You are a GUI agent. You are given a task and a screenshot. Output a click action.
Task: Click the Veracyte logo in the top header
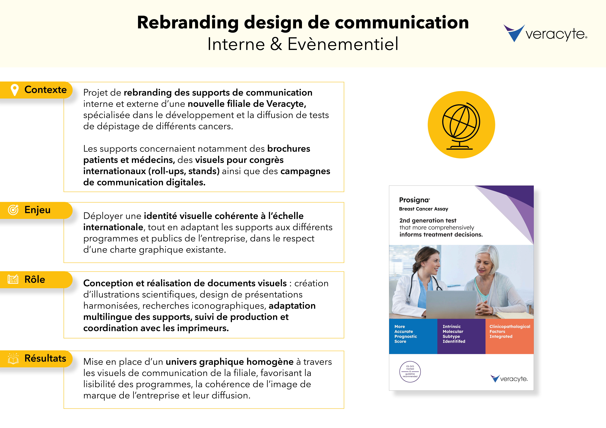coord(545,33)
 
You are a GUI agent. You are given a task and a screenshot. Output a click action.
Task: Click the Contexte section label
coord(45,90)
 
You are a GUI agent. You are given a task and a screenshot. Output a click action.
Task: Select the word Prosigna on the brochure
coord(414,200)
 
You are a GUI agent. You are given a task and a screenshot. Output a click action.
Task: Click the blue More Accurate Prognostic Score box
coord(413,336)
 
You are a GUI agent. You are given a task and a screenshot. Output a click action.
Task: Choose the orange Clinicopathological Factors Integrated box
coord(509,336)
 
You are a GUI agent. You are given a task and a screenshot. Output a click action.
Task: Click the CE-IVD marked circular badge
coord(410,372)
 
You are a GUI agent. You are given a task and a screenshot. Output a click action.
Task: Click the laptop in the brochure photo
coord(451,305)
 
